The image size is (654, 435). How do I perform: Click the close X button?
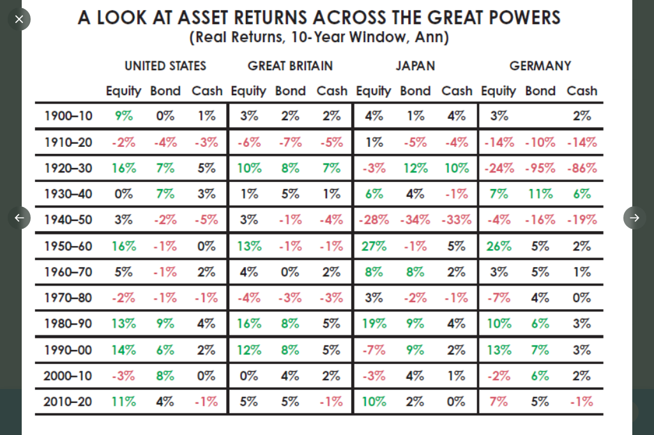pos(19,19)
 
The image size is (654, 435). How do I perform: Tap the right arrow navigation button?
pos(634,218)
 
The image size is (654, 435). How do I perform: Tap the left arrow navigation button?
pos(19,218)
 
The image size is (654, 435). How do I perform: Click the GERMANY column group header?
pos(540,66)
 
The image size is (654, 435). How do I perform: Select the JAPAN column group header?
pos(415,66)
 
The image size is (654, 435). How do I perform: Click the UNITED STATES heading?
pos(165,66)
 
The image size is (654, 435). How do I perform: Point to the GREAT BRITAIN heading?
pos(290,66)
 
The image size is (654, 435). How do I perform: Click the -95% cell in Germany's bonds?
pos(540,168)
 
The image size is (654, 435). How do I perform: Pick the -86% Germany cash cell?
pos(581,168)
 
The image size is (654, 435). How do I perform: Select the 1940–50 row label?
pos(68,220)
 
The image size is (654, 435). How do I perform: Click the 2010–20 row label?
pos(68,402)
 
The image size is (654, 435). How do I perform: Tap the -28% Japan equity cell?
pos(374,220)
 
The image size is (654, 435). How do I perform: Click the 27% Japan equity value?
pos(374,246)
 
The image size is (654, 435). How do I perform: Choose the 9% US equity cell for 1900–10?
pos(123,116)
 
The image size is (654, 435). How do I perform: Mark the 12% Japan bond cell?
pos(415,168)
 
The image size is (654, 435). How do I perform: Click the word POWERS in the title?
pos(520,17)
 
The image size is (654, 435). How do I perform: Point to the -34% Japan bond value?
pos(415,220)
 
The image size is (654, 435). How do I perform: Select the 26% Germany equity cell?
pos(499,246)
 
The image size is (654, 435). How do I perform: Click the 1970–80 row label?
pos(68,298)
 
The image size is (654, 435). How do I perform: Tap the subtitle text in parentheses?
pos(319,38)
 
